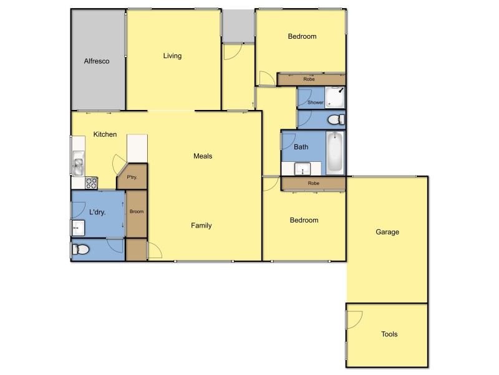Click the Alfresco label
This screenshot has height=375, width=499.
pos(97,61)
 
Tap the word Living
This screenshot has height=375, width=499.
pos(172,56)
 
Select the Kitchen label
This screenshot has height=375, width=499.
pos(105,134)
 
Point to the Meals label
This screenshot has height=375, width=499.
pos(203,156)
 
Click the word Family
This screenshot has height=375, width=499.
pos(201,226)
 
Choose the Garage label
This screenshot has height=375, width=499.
pos(387,232)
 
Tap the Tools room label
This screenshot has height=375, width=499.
pos(389,334)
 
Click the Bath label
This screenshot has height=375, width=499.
pos(301,147)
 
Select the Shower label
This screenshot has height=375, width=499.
pos(316,102)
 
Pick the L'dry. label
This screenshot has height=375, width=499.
pos(97,212)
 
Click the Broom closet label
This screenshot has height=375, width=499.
pos(136,212)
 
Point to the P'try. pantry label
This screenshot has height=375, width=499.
pos(132,178)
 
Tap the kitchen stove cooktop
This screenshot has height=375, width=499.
pos(91,183)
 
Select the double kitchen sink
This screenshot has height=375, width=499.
pos(79,165)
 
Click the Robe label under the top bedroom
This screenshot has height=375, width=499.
pos(308,79)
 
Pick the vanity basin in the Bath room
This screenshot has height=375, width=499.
pos(303,168)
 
